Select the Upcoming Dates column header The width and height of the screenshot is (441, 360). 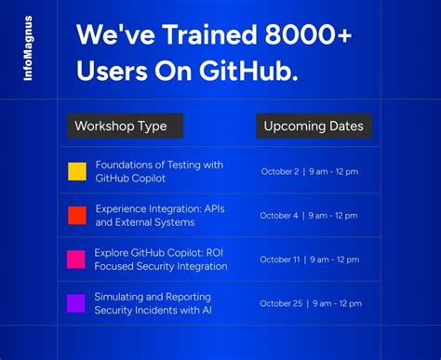pyautogui.click(x=314, y=126)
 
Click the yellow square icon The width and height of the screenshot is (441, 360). pyautogui.click(x=77, y=171)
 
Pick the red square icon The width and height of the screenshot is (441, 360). pyautogui.click(x=77, y=216)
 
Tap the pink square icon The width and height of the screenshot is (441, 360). pyautogui.click(x=77, y=260)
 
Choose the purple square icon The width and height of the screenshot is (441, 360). pyautogui.click(x=77, y=303)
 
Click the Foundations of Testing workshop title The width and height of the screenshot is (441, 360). pyautogui.click(x=159, y=171)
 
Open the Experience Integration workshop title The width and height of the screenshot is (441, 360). pyautogui.click(x=158, y=216)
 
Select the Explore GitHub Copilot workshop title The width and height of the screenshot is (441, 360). pyautogui.click(x=160, y=260)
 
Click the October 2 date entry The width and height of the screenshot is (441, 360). pyautogui.click(x=309, y=171)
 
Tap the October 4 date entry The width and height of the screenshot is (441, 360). pyautogui.click(x=309, y=216)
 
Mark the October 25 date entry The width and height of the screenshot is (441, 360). pyautogui.click(x=311, y=303)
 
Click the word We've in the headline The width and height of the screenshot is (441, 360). pyautogui.click(x=108, y=36)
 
